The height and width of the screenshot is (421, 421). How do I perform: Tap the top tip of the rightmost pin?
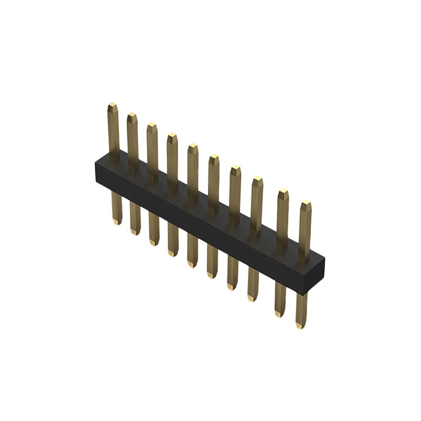[306, 204]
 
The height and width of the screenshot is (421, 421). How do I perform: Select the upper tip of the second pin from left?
[132, 116]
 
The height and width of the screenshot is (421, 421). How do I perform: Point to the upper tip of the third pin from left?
[152, 126]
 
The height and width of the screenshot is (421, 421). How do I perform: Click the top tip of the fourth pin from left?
[172, 137]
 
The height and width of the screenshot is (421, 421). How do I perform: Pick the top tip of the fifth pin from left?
[193, 147]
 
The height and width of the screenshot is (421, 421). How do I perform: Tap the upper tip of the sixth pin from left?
[214, 157]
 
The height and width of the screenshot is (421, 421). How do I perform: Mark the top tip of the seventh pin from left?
[235, 169]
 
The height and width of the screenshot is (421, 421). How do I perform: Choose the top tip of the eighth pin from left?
[257, 181]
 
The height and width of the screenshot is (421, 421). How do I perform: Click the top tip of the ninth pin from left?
[283, 193]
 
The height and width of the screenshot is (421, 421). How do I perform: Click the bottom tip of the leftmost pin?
[117, 223]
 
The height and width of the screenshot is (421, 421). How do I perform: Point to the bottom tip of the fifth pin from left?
[192, 264]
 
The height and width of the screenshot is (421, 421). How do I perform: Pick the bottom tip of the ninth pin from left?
[278, 315]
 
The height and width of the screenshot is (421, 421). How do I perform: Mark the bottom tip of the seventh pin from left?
[232, 287]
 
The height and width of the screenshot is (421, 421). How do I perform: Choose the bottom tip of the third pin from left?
[154, 243]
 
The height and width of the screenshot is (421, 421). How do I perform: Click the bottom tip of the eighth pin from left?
[252, 299]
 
